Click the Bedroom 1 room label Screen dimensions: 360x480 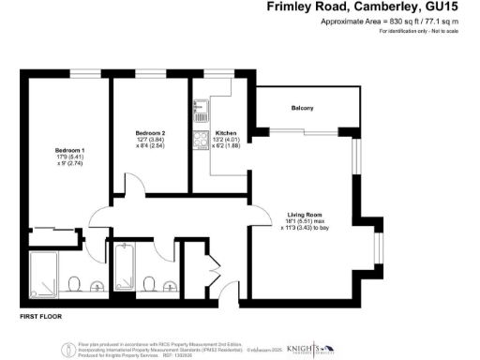(69, 150)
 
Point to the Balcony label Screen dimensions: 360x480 (301, 109)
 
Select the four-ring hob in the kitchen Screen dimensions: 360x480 (200, 142)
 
